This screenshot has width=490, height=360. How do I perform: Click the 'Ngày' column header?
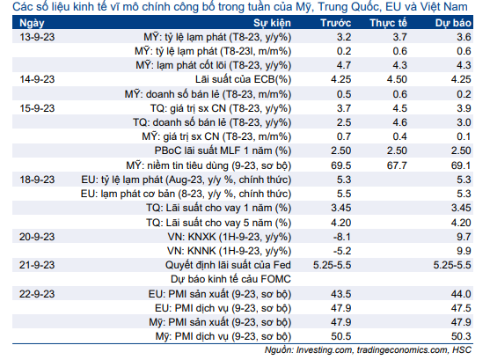[32, 23]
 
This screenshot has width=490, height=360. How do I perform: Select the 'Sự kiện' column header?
[272, 23]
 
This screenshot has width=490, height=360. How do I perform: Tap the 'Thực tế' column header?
[388, 23]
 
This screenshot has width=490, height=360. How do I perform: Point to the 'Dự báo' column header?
[453, 23]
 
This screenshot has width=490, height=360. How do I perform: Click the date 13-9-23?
[37, 37]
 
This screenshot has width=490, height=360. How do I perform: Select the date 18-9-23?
[37, 180]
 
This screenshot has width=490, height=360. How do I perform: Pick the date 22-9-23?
[37, 294]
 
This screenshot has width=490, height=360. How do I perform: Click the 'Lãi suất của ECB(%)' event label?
[243, 79]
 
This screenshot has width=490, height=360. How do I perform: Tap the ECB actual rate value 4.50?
[397, 79]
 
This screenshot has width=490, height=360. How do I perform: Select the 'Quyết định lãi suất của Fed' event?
[228, 265]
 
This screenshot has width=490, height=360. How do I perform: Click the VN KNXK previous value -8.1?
[342, 237]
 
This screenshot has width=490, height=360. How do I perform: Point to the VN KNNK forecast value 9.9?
[464, 251]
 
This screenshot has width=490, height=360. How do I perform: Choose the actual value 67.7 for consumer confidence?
[397, 165]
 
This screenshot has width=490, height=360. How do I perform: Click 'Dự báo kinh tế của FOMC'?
[230, 279]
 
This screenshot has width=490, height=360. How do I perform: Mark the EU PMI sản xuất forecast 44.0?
[461, 294]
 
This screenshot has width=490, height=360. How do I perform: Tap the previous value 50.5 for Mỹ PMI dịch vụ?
[341, 336]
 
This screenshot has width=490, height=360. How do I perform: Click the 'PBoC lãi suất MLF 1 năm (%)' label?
[223, 151]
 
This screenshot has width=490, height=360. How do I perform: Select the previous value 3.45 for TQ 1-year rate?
[341, 208]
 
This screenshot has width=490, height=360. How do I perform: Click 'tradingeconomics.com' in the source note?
[402, 350]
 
